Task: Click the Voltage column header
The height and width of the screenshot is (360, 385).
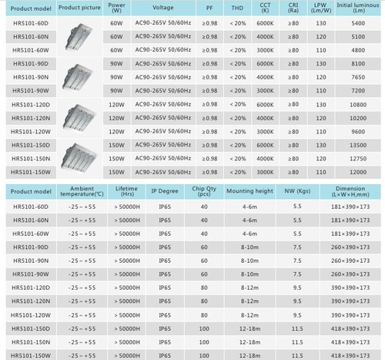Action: point(162,8)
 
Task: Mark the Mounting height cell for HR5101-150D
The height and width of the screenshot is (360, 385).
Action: point(249,328)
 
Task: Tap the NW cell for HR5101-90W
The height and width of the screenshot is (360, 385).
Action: point(297,274)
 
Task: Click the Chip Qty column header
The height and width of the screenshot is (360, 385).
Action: point(204,192)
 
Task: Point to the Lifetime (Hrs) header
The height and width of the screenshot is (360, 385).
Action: point(126,192)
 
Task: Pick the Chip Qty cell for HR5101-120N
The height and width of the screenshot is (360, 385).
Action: point(204,301)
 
